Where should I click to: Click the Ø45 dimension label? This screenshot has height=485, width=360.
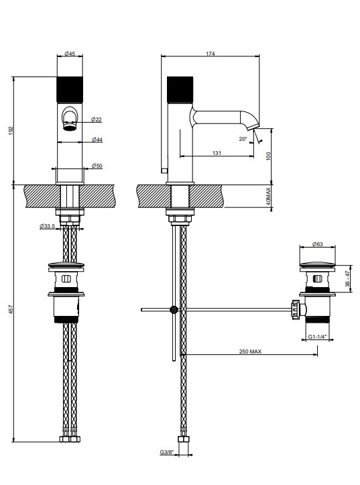(x=70, y=54)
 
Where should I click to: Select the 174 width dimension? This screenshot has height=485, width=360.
(x=210, y=54)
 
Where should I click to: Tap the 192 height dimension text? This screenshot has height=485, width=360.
(x=11, y=130)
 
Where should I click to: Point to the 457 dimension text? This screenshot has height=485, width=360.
(x=11, y=309)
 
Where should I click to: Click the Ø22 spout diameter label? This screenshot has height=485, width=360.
(x=97, y=119)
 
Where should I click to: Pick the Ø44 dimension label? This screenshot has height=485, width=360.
(x=97, y=140)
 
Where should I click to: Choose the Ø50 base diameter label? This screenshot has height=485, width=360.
(x=97, y=166)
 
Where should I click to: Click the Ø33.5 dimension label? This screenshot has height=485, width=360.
(x=48, y=226)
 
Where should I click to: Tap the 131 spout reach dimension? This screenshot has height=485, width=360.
(x=217, y=153)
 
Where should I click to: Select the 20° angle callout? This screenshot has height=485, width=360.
(x=243, y=139)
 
